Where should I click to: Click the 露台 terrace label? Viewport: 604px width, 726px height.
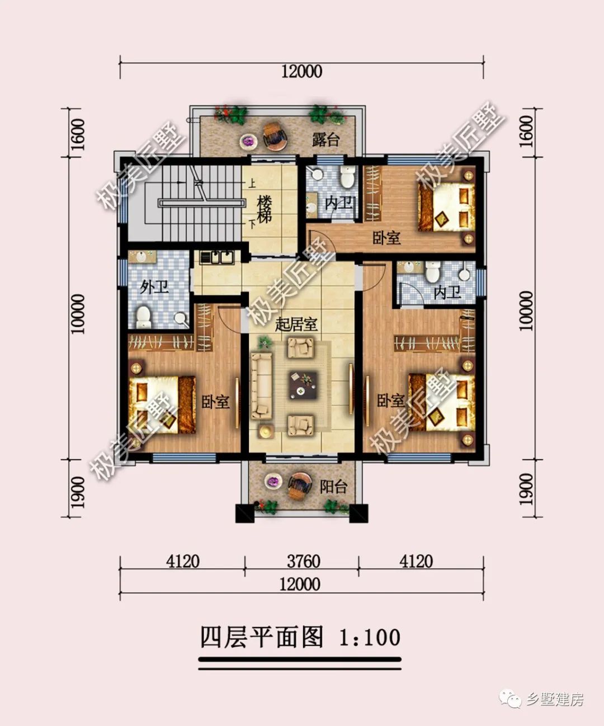click(x=326, y=139)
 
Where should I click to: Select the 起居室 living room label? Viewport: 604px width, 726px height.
click(x=296, y=324)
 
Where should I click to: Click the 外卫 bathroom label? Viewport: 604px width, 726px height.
click(x=154, y=287)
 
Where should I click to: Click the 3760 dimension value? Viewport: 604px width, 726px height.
click(x=303, y=561)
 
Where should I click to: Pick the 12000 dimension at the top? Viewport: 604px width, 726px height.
click(x=302, y=72)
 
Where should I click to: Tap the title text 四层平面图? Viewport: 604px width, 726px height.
click(x=262, y=637)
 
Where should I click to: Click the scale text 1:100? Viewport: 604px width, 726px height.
click(x=370, y=638)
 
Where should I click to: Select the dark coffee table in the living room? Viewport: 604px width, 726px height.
click(x=303, y=385)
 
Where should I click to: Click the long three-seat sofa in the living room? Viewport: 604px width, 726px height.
click(x=261, y=385)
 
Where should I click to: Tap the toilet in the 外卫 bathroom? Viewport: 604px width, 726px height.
click(x=144, y=317)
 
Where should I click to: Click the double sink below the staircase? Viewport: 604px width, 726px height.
click(x=217, y=257)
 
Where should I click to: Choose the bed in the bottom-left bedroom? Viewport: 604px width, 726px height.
click(x=162, y=404)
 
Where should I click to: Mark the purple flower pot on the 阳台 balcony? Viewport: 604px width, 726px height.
click(x=273, y=482)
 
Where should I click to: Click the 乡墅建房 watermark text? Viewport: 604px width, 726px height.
click(x=555, y=699)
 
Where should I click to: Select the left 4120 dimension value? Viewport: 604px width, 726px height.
click(x=182, y=561)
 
